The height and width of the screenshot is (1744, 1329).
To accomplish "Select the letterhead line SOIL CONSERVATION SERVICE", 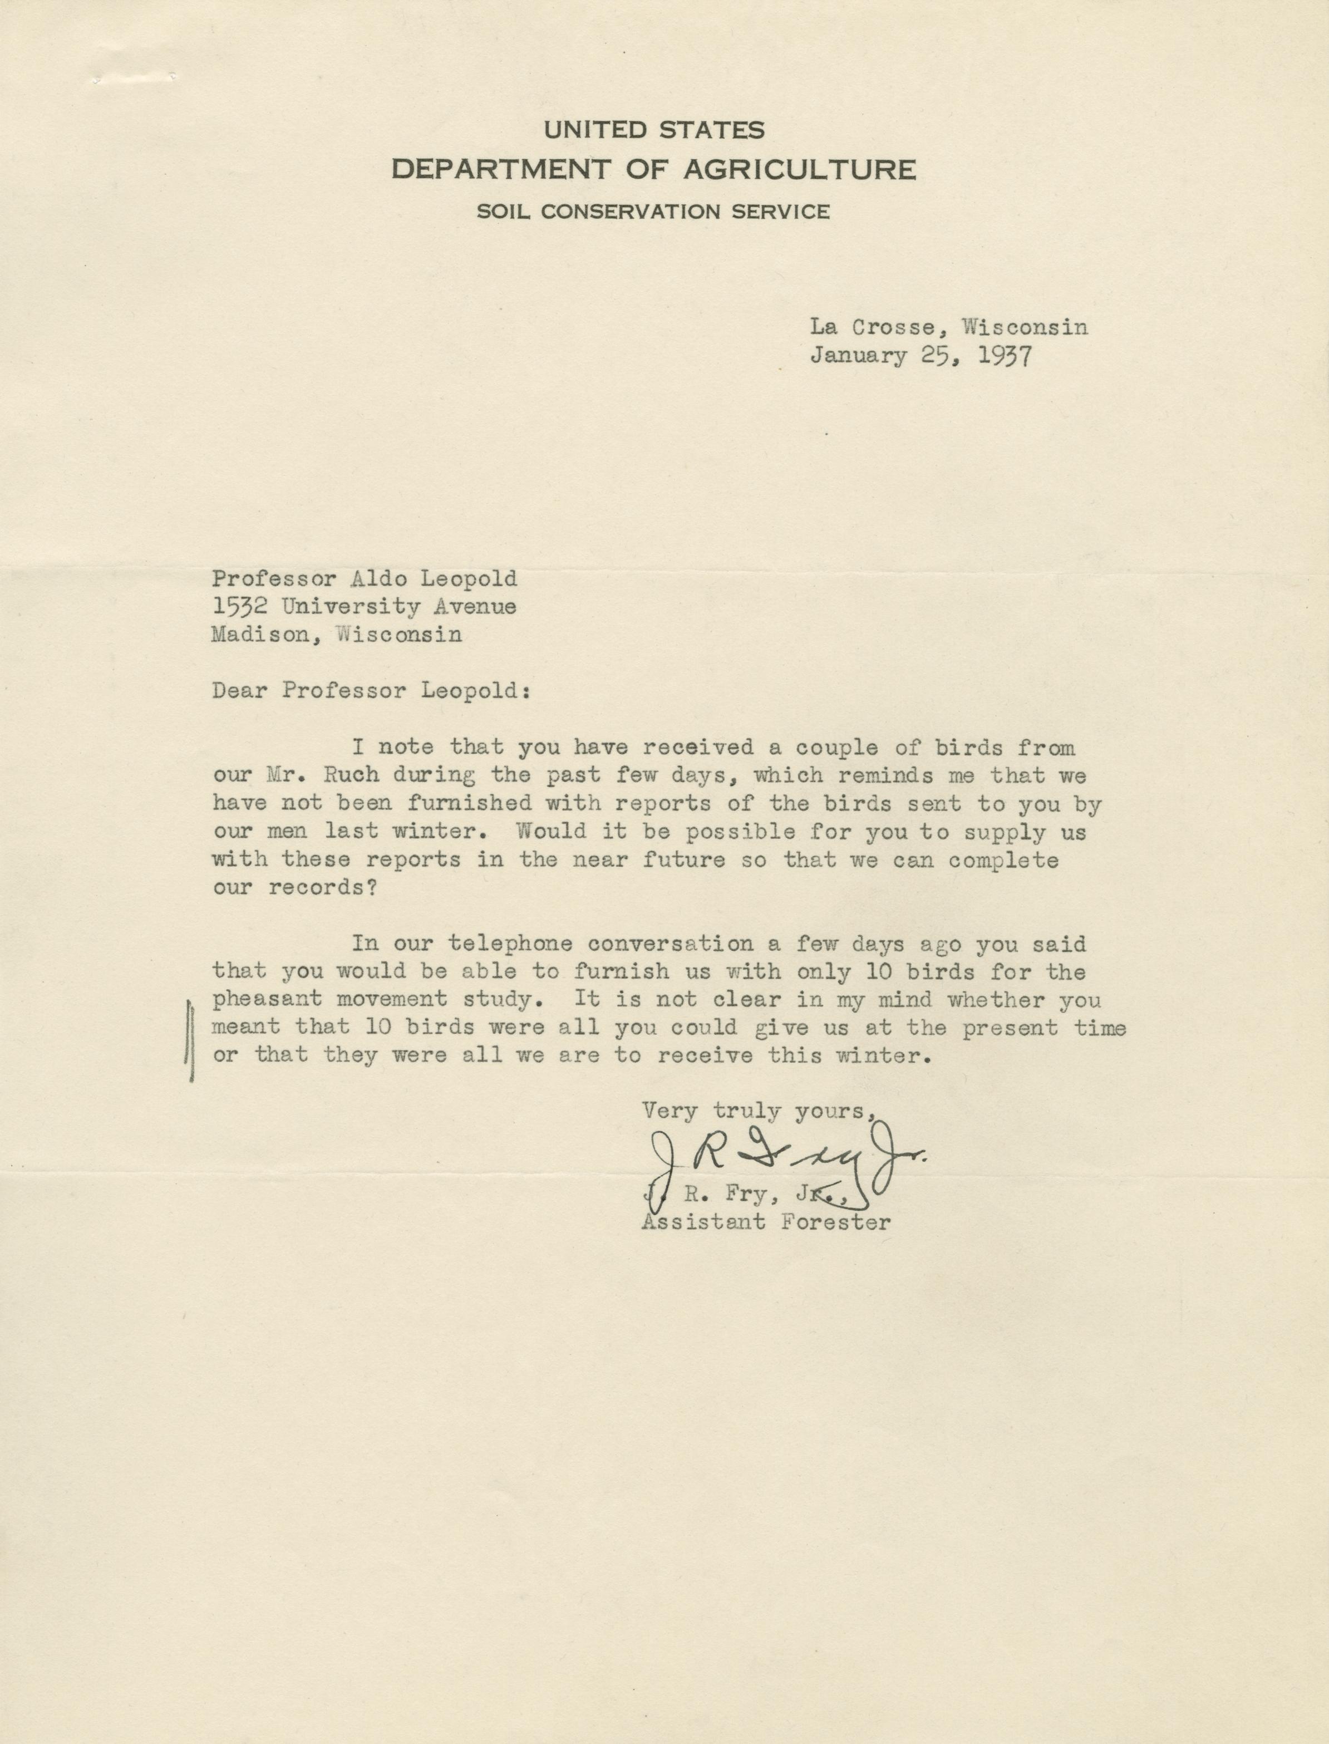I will [653, 212].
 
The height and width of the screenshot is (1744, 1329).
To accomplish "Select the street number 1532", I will [239, 607].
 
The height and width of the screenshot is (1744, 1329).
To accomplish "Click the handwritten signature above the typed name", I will [783, 1164].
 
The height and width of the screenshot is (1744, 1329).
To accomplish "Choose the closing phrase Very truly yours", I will [757, 1112].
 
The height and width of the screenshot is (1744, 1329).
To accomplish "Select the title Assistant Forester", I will [766, 1222].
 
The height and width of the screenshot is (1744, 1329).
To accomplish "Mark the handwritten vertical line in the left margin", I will [190, 1040].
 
